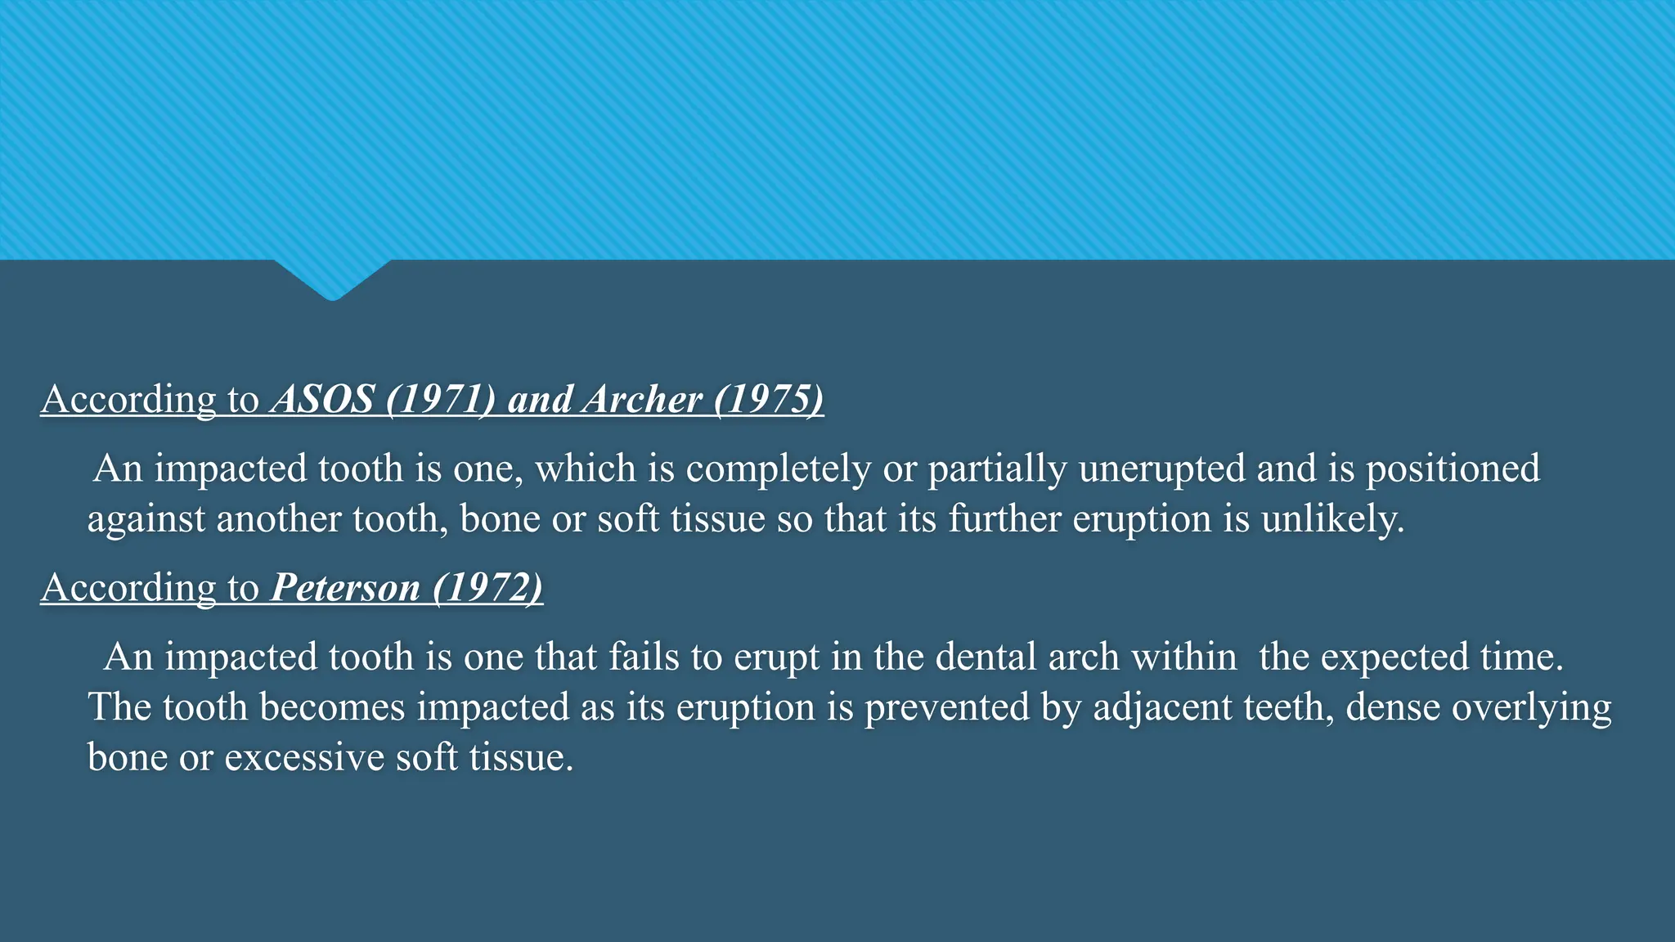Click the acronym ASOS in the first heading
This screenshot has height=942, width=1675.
point(323,400)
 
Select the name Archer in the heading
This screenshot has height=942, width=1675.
point(643,400)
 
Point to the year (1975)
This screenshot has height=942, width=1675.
point(768,400)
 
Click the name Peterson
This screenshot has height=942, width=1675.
point(345,588)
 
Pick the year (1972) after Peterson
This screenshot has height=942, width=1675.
point(487,588)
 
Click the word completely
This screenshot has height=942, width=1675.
point(778,469)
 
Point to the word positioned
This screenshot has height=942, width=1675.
point(1453,469)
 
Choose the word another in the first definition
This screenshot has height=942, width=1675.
point(279,519)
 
